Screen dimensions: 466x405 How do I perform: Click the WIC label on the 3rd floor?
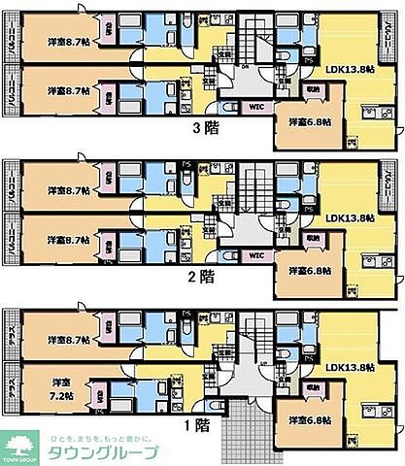coord(256,107)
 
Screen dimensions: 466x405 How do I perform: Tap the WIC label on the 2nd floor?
coord(256,255)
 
